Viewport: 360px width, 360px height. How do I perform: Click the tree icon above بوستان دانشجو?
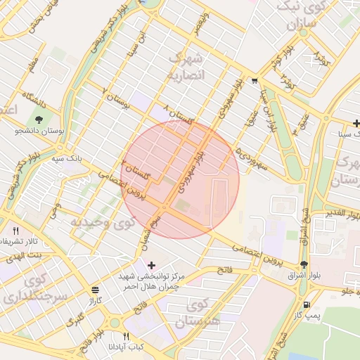[x=39, y=118]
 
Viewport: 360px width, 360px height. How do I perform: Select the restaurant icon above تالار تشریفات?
[x=15, y=230]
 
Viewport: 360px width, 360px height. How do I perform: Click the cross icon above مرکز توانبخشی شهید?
[x=151, y=265]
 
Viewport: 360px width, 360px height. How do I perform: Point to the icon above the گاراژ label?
[x=96, y=290]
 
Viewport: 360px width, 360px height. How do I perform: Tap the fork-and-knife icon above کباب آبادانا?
[x=127, y=336]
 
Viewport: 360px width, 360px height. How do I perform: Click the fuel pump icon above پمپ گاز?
[x=307, y=304]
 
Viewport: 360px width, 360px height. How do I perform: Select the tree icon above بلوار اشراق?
[x=304, y=265]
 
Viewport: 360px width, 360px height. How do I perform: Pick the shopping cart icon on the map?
[x=254, y=80]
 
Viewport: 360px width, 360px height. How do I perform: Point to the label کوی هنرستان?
[x=197, y=314]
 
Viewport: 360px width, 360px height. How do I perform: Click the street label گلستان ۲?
[x=136, y=169]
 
